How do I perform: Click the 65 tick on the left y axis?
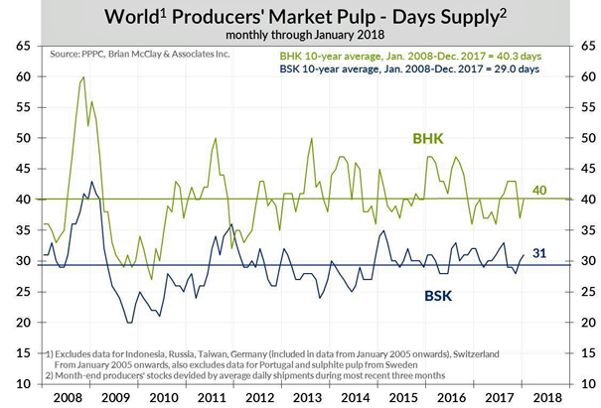coord(20,46)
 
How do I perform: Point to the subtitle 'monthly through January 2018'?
coord(300,35)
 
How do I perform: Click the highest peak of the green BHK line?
coord(82,77)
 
